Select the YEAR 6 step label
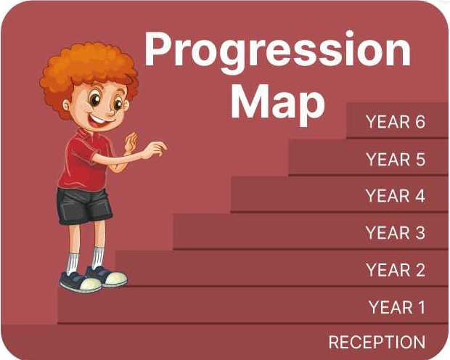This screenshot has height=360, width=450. pos(396,122)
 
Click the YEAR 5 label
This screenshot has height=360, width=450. pos(396,159)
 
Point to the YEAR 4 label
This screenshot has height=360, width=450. pos(395,196)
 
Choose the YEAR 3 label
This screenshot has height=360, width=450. pos(395,232)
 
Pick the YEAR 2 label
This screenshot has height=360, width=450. pos(396,270)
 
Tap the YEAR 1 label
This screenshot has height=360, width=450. pos(397,307)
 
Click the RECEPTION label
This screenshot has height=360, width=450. pos(377,342)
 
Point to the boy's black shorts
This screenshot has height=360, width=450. pos(84,206)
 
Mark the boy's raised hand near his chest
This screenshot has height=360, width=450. pos(131,142)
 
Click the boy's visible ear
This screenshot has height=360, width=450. pos(67,105)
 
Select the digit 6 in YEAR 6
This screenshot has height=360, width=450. pos(420,122)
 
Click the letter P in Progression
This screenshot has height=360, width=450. pos(160,49)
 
